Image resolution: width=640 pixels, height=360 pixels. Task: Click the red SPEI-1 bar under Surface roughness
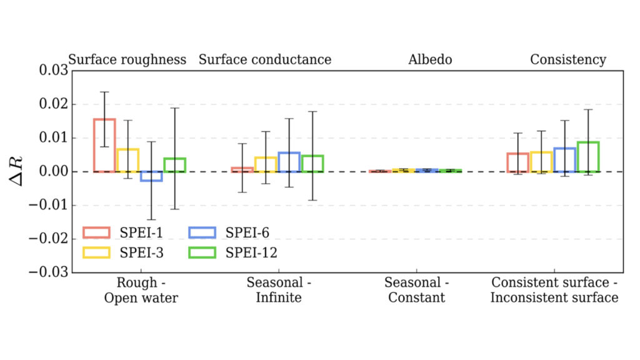click(x=105, y=145)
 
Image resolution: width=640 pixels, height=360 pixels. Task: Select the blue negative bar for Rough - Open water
click(x=151, y=176)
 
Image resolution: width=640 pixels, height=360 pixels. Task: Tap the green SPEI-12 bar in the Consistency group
click(x=588, y=157)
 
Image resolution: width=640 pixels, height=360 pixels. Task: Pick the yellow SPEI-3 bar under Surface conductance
click(x=266, y=164)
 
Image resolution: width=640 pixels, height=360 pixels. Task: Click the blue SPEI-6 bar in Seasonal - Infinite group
click(x=289, y=162)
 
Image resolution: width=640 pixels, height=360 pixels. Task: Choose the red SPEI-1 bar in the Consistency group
click(x=518, y=162)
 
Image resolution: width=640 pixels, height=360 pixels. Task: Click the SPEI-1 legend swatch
click(x=96, y=233)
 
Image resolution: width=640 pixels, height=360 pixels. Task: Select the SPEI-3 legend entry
click(x=119, y=252)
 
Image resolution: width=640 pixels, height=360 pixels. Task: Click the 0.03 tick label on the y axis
click(x=52, y=71)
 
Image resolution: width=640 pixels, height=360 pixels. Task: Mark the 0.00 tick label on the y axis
click(x=52, y=171)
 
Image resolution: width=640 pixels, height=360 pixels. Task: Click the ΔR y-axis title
click(x=19, y=171)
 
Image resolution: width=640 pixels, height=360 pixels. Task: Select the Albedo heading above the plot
click(x=430, y=60)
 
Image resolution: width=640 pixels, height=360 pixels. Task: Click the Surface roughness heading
click(x=127, y=60)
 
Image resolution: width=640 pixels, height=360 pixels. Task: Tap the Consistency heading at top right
click(x=567, y=60)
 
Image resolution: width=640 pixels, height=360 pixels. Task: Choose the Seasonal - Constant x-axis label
click(x=417, y=290)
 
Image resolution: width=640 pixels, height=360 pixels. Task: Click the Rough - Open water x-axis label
click(x=141, y=290)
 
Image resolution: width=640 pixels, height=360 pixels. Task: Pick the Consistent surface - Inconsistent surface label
click(x=554, y=290)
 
